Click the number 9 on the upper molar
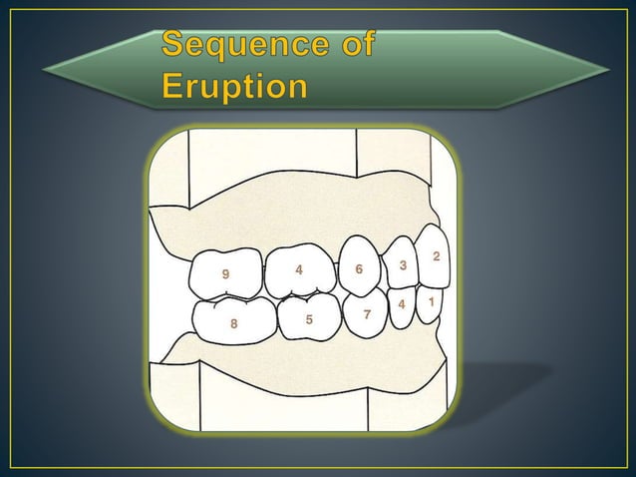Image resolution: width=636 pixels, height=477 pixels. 226,274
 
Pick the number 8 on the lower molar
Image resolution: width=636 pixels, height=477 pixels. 233,323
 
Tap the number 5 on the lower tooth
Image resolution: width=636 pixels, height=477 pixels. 309,319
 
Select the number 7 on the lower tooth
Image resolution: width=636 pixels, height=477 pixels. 367,314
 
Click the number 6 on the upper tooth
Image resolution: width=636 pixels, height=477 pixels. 359,269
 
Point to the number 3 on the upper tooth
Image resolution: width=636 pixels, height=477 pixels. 402,265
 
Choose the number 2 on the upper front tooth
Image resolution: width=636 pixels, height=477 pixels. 436,257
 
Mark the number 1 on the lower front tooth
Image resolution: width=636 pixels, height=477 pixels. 431,300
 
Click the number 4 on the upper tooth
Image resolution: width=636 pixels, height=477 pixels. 298,269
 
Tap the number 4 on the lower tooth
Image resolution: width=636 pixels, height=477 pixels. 402,303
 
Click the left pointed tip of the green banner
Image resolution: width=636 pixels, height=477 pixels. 42,68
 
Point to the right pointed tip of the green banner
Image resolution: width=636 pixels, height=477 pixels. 609,68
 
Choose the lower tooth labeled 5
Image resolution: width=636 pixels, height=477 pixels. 309,317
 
